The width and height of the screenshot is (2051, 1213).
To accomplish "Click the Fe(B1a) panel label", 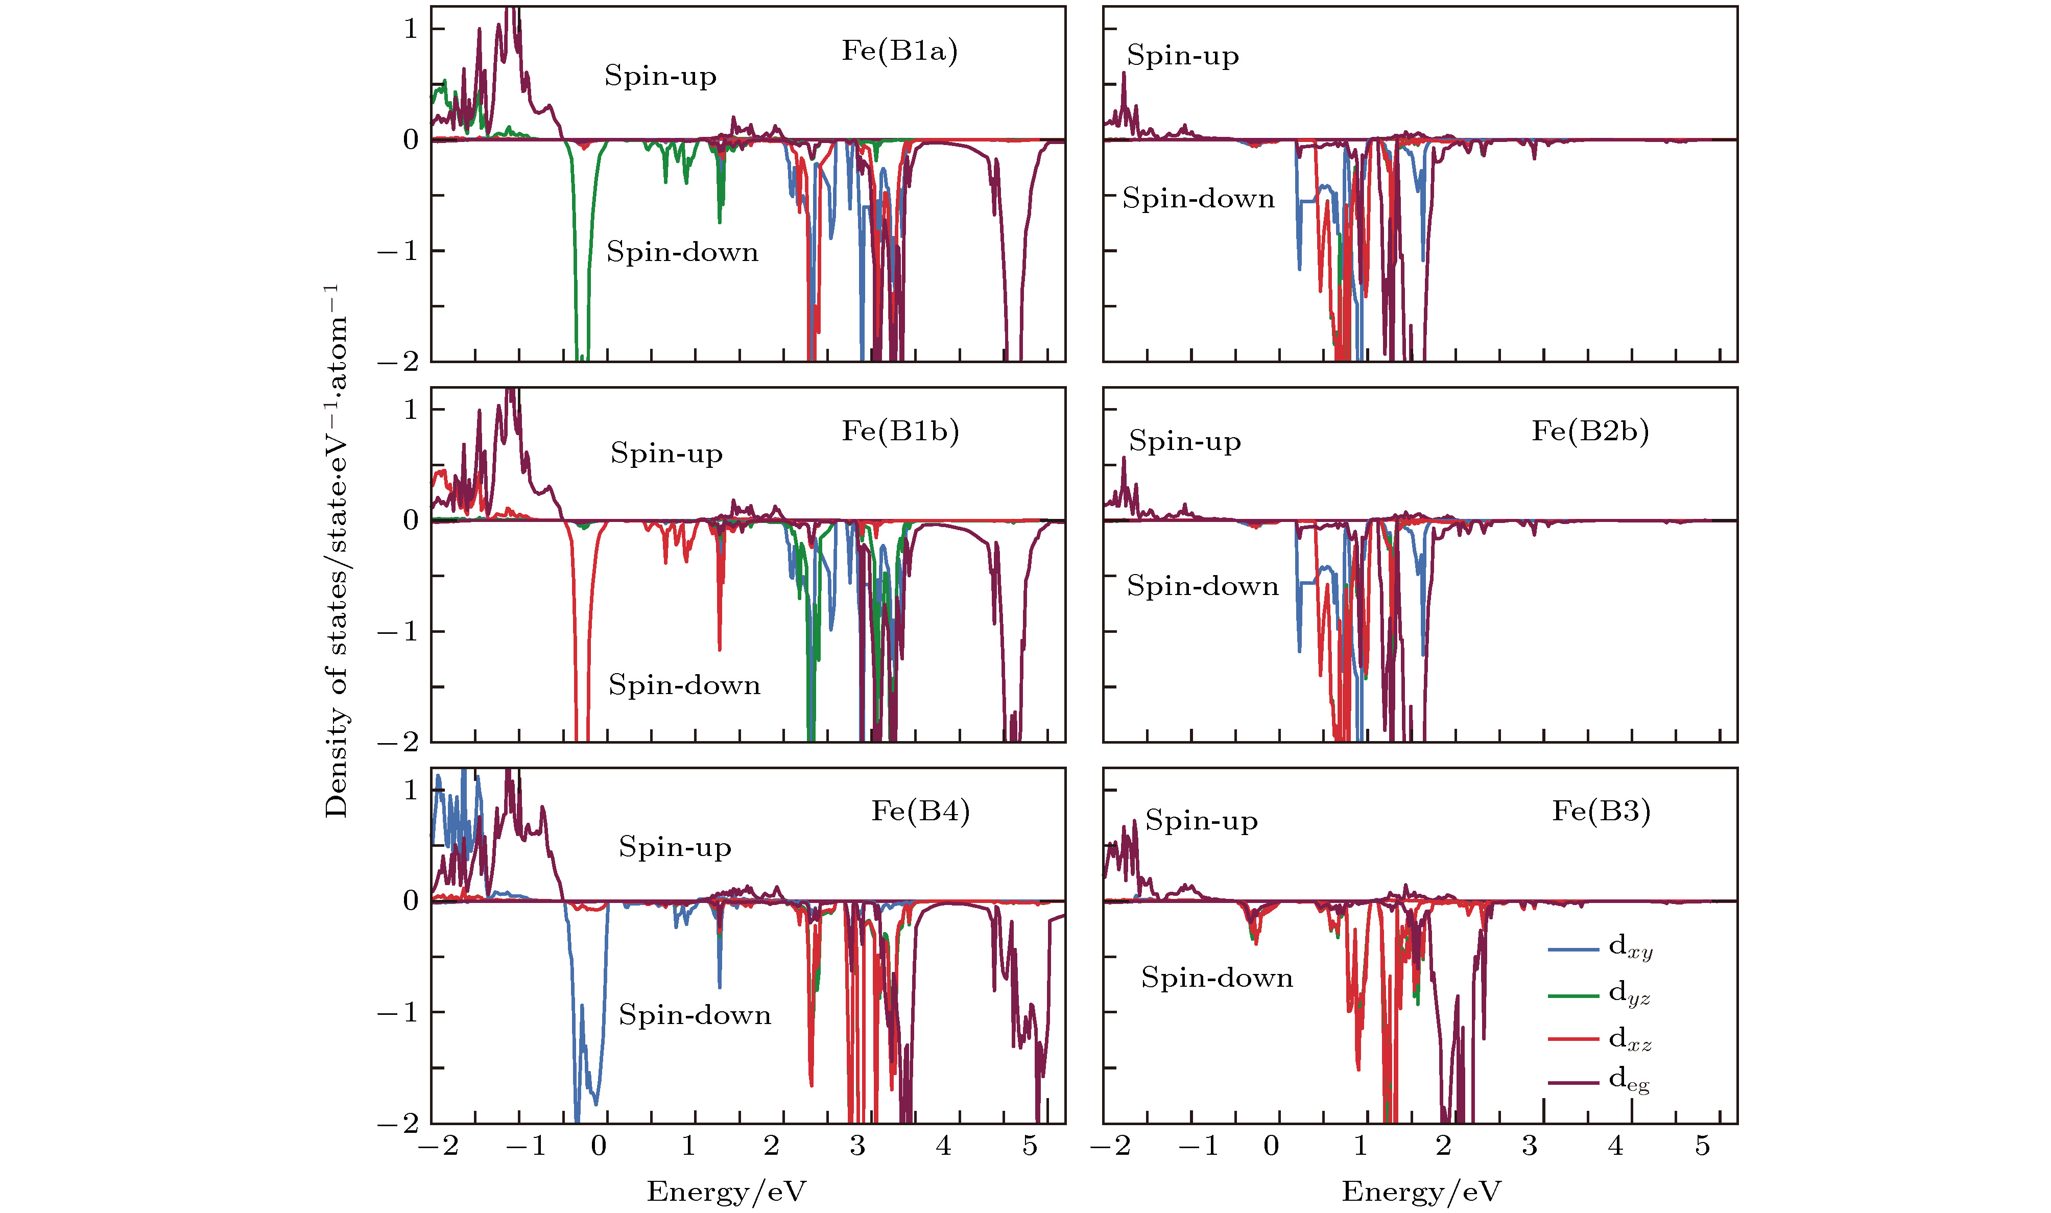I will coord(900,51).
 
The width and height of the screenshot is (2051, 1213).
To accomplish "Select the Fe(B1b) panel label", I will coord(900,431).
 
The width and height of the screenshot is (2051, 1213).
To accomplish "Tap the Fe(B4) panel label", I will coord(920,811).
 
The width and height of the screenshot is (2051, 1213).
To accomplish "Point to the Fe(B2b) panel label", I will coord(1590,431).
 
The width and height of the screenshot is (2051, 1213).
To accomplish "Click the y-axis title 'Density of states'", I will coord(336,551).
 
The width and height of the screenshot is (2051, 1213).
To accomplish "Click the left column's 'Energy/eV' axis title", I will coord(726,1192).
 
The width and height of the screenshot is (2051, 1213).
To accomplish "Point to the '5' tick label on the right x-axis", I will coord(1702,1146).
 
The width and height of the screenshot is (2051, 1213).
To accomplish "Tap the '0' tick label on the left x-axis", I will coord(599,1146).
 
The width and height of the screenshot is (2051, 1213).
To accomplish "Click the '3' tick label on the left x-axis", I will coord(857,1146).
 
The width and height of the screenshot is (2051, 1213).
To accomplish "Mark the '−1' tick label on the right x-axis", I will coord(1199,1146).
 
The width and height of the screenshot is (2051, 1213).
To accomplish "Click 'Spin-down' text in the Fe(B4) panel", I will coord(695,1014).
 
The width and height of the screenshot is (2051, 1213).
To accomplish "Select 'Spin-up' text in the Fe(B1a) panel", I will coord(660,76).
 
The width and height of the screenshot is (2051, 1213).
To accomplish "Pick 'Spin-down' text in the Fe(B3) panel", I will coord(1217,978).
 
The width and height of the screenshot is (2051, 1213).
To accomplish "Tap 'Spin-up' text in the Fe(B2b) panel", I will coord(1185,441).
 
